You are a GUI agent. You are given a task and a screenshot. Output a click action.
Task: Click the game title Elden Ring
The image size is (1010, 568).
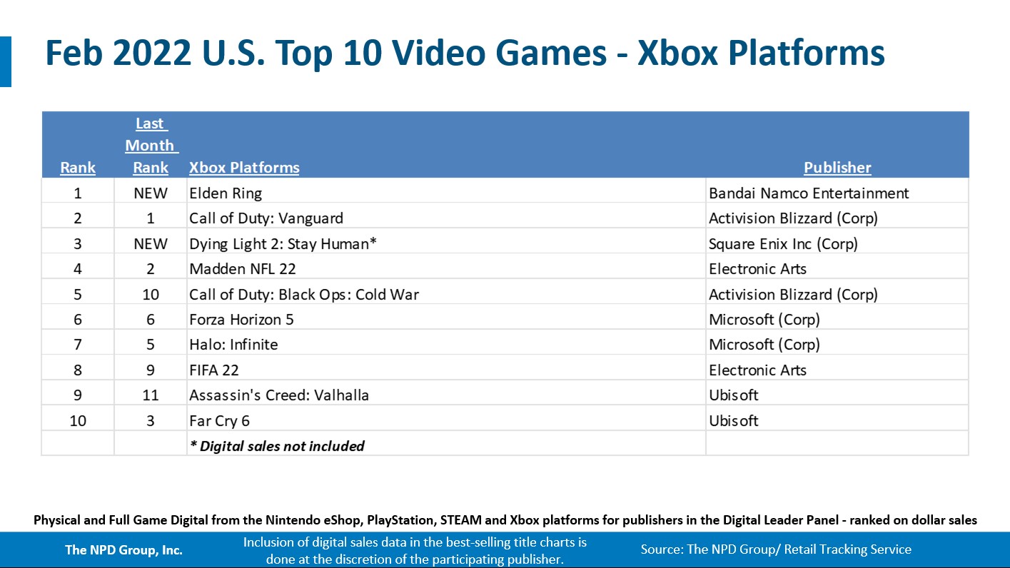pos(226,193)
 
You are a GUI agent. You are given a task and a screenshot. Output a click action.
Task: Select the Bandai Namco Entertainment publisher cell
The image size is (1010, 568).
pos(809,193)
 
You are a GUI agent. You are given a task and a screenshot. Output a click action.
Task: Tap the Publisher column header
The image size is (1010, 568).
pos(837,168)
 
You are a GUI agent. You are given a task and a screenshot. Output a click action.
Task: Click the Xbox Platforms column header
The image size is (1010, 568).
pos(244,168)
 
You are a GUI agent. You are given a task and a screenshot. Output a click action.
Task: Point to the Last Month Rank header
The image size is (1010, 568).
pos(150,146)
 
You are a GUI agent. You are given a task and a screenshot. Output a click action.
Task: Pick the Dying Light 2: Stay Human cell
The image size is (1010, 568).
pos(283,244)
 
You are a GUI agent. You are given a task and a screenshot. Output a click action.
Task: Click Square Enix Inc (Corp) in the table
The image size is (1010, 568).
pos(783,244)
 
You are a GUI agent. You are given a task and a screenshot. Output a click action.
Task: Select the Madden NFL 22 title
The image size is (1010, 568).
pos(242,269)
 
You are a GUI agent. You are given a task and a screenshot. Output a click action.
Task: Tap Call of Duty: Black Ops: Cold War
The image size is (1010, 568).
pos(304,295)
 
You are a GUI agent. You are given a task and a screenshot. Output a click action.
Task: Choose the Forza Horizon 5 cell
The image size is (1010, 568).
pos(241,320)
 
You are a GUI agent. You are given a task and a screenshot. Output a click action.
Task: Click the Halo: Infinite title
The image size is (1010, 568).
pos(233,345)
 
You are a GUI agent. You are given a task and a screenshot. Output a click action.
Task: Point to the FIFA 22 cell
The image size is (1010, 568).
pos(214,370)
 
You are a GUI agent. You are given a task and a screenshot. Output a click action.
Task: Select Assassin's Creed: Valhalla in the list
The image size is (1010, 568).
pos(279,395)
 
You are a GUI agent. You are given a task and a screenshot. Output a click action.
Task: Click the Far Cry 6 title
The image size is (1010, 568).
pos(220,421)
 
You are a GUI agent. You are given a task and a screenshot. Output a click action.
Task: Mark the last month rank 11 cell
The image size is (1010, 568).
pos(150,395)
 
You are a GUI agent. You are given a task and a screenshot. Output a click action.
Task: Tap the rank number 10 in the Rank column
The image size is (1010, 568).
pos(78,421)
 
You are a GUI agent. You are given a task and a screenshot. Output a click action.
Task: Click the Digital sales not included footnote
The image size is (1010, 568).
pos(277,446)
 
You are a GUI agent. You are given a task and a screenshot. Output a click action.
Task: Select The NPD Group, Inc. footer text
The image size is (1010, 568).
pos(123,549)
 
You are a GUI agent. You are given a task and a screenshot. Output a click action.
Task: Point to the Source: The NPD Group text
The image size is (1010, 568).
pos(776,549)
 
